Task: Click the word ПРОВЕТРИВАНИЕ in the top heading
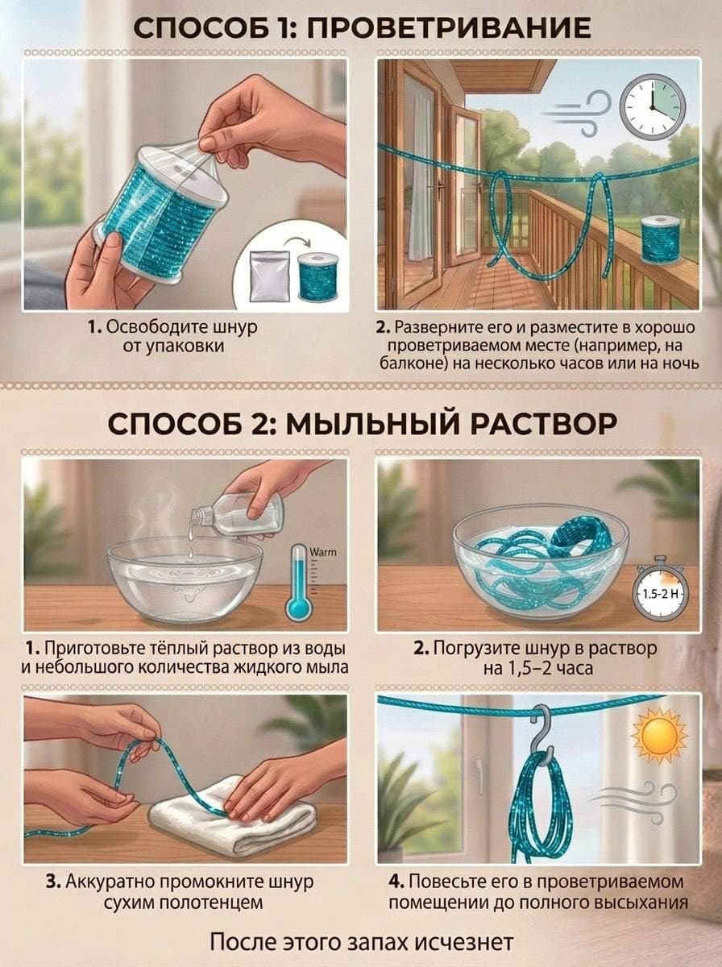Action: pyautogui.click(x=449, y=27)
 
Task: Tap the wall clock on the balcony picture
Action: pyautogui.click(x=653, y=109)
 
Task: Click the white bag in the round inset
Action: pyautogui.click(x=270, y=276)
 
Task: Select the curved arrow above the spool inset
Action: pyautogui.click(x=297, y=243)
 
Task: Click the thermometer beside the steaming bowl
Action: pyautogui.click(x=299, y=581)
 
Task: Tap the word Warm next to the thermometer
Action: pyautogui.click(x=322, y=552)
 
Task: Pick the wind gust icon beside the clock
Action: pyautogui.click(x=579, y=113)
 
